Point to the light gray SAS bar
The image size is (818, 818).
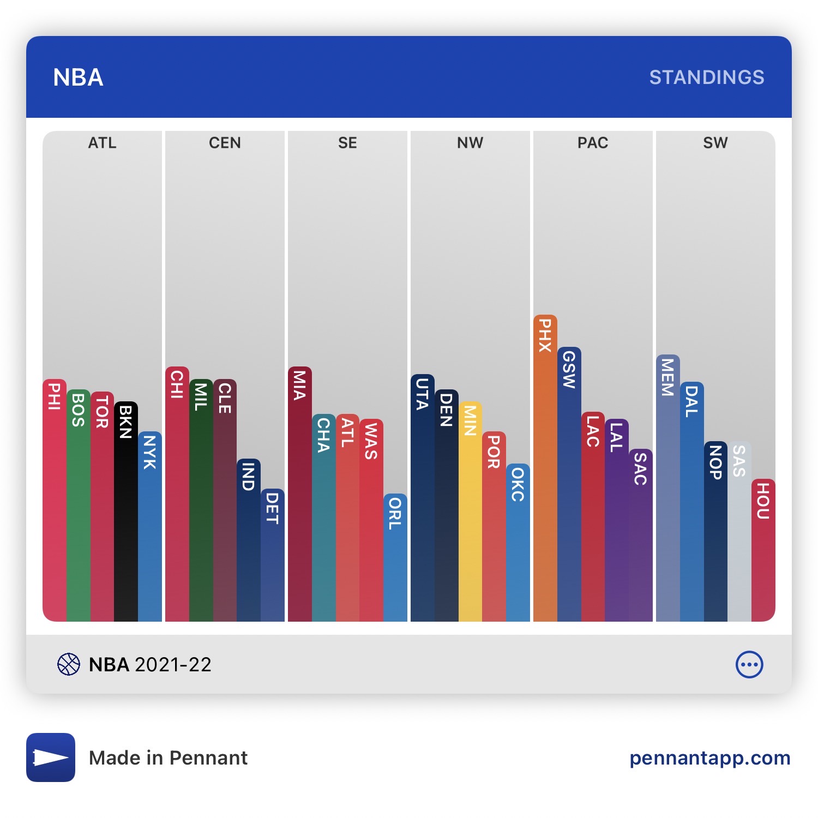(x=739, y=531)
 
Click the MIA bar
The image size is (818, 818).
(x=299, y=494)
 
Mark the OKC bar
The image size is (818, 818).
(x=518, y=542)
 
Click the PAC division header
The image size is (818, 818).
(x=593, y=143)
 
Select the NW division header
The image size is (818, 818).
(x=470, y=143)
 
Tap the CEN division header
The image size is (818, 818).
(x=225, y=143)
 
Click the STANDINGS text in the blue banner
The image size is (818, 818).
(x=706, y=77)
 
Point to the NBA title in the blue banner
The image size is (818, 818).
(x=78, y=77)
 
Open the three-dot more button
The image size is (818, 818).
(x=749, y=664)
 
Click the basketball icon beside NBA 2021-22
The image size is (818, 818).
(x=69, y=664)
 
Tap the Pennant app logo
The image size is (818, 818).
(x=51, y=757)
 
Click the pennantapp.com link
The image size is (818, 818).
(x=709, y=757)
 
